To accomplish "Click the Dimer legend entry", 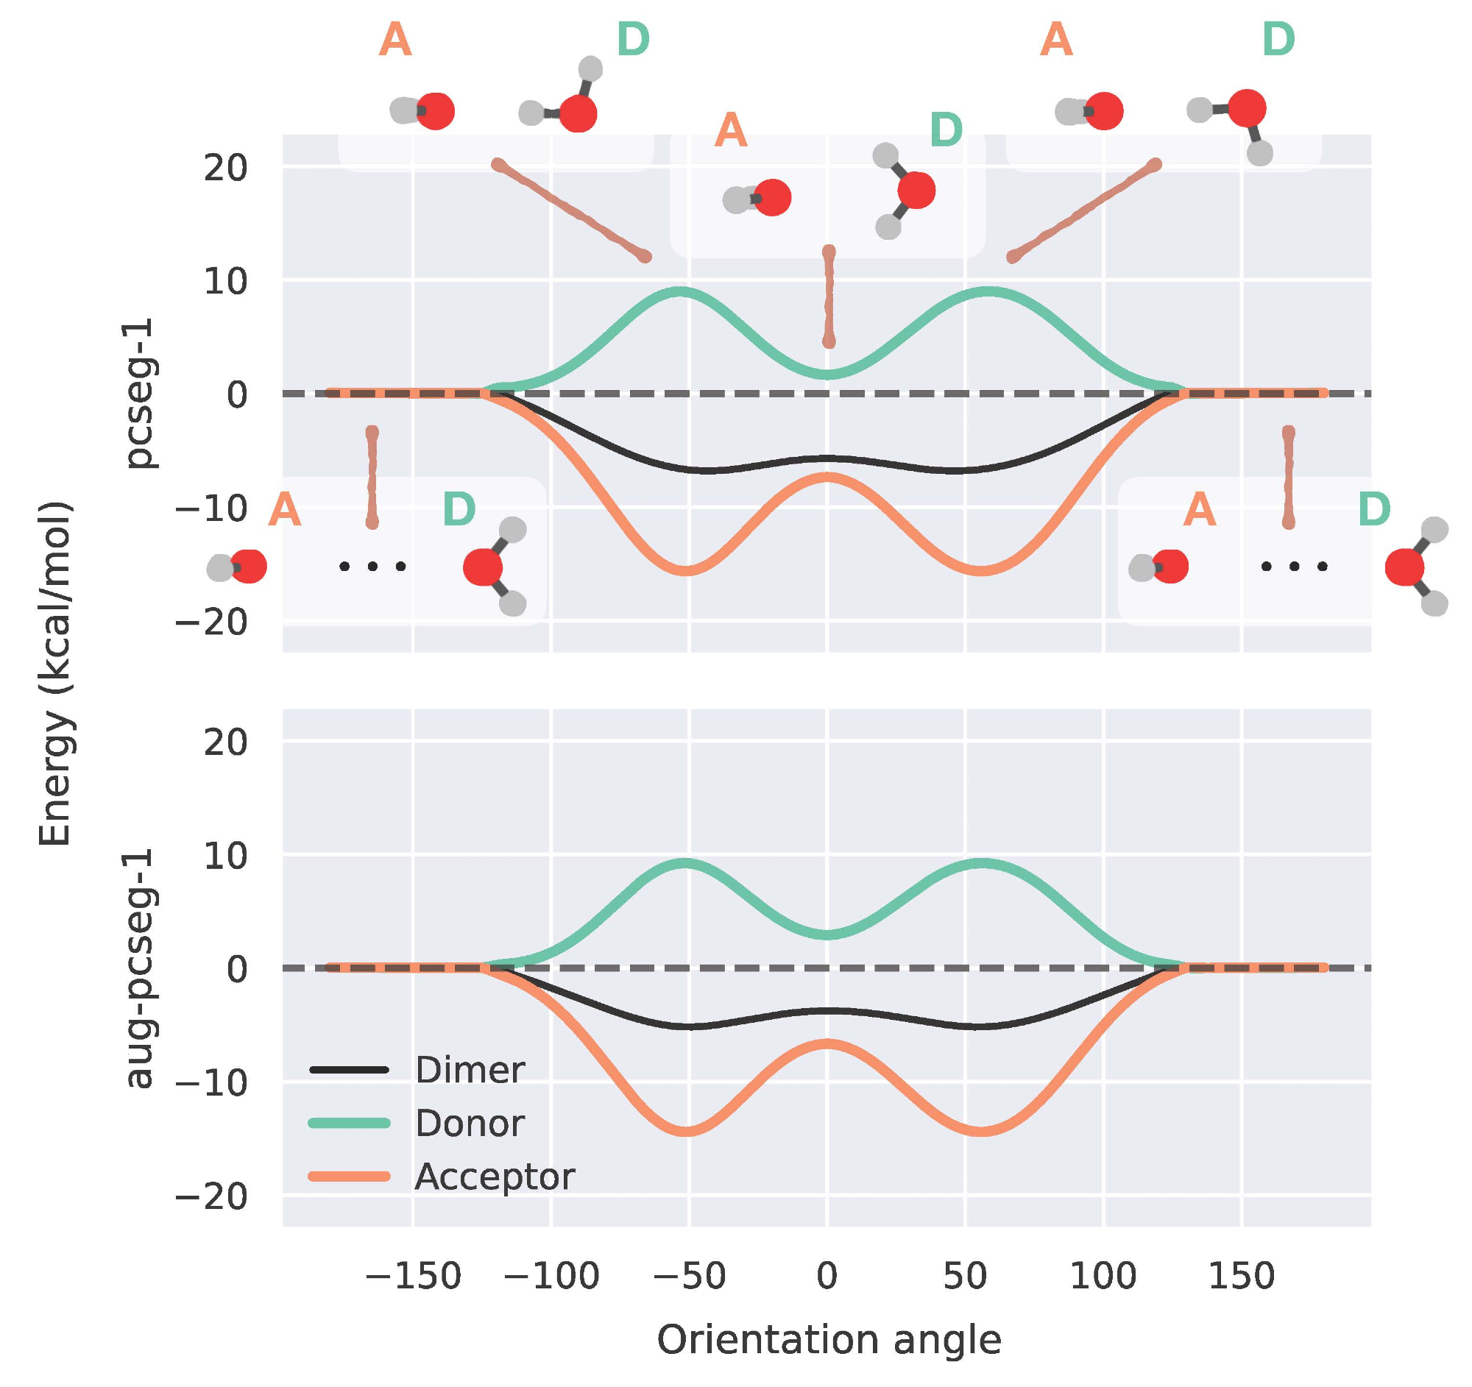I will (470, 1070).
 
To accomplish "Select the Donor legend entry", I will (470, 1124).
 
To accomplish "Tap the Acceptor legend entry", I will (494, 1177).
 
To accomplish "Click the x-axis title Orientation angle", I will (829, 1341).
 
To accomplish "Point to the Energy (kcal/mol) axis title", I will (55, 673).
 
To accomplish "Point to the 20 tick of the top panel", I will (226, 169).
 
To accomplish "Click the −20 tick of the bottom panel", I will (211, 1196).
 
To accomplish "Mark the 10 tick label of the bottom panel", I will (226, 856).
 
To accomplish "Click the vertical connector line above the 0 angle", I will (829, 296).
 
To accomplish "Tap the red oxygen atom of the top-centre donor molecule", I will (916, 191).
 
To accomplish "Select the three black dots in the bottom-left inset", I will (372, 567).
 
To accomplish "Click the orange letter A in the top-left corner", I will (394, 40).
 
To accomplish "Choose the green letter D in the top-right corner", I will (1278, 40).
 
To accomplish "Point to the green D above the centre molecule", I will (946, 131).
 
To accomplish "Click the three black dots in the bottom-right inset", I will (1295, 567).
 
